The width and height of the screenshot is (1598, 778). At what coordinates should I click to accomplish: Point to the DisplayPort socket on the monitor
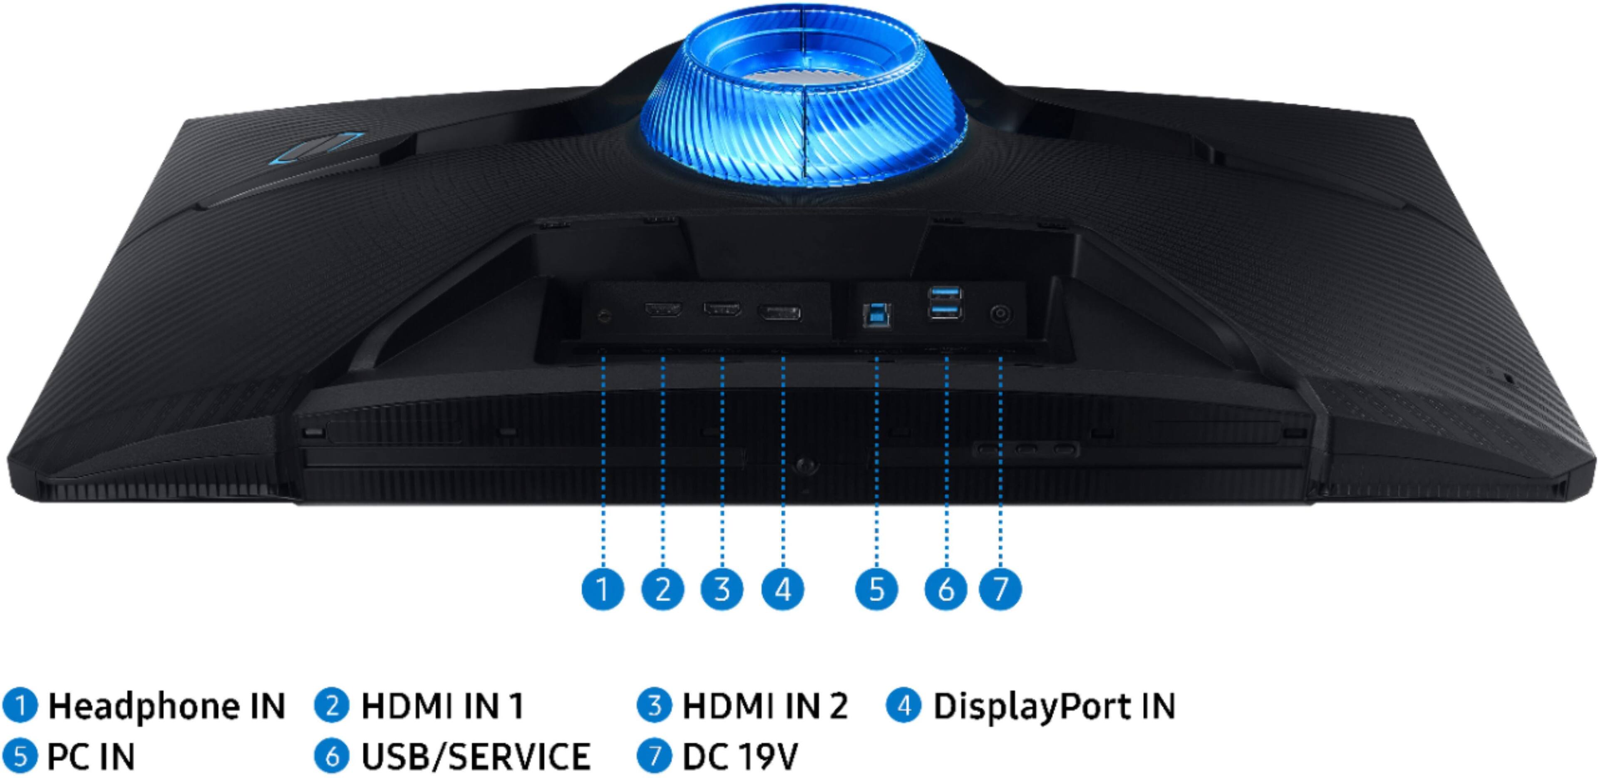(779, 313)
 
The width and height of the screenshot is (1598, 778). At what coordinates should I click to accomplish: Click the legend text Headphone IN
(166, 706)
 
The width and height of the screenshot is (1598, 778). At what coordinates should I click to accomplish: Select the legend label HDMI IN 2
(764, 706)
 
